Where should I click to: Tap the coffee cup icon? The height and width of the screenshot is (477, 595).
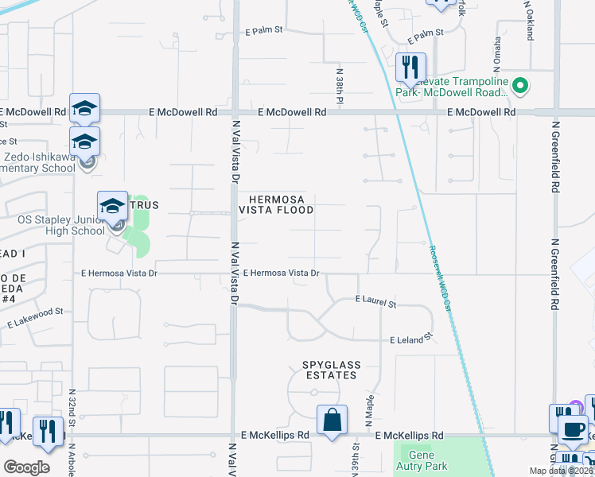point(571,429)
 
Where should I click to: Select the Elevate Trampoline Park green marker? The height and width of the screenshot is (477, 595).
point(520,85)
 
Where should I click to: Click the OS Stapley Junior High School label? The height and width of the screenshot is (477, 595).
point(61,225)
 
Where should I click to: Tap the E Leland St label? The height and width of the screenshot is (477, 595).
point(410,339)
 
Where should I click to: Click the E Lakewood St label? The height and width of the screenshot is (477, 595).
point(36,320)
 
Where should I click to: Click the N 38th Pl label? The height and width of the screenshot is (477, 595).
point(339,87)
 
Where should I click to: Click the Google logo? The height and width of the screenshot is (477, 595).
point(26,467)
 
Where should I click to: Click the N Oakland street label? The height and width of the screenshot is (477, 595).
point(528,18)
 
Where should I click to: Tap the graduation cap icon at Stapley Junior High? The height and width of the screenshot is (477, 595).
point(113,205)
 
